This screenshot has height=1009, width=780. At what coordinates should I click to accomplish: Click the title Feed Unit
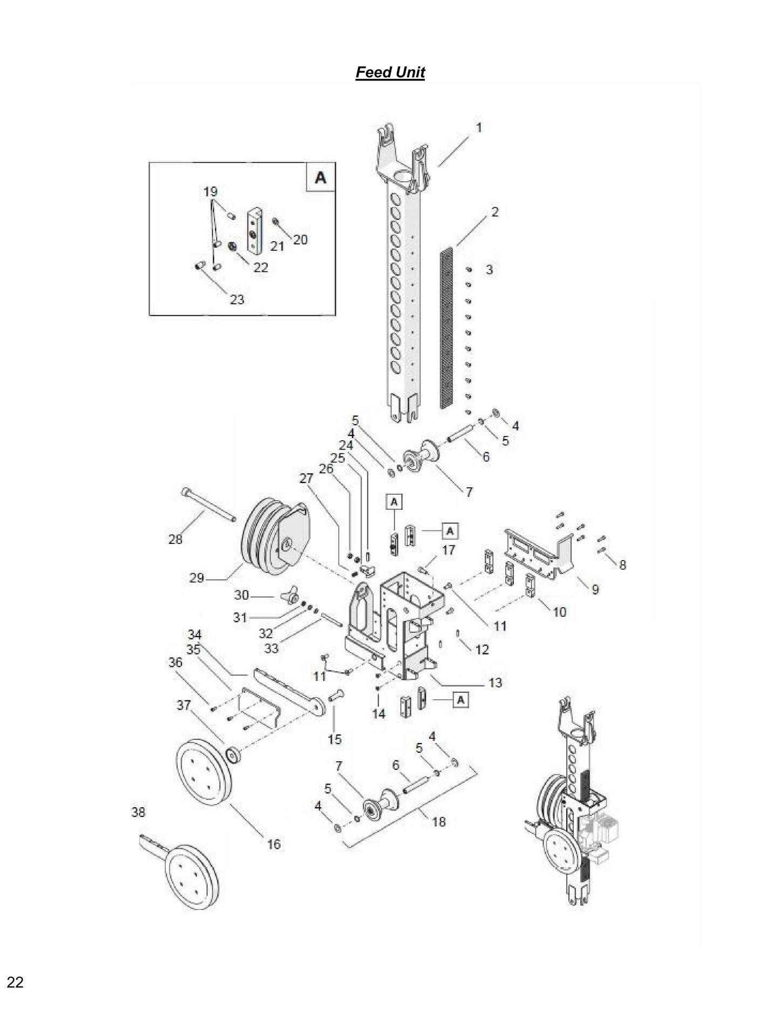(x=390, y=72)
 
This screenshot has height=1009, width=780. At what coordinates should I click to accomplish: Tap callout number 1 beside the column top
(x=478, y=127)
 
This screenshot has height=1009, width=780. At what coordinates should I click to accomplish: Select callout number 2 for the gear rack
(x=494, y=212)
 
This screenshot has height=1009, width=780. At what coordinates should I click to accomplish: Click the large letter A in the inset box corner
(x=320, y=177)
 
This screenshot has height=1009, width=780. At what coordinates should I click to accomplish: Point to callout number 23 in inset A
(x=237, y=299)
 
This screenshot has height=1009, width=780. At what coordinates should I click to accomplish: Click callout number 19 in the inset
(x=210, y=192)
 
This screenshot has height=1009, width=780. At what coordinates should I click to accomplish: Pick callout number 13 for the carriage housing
(x=495, y=683)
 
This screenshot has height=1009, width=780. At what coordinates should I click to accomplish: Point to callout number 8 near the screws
(x=622, y=565)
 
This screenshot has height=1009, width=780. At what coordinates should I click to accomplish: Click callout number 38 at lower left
(x=138, y=812)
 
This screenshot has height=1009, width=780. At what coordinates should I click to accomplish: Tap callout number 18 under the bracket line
(x=439, y=822)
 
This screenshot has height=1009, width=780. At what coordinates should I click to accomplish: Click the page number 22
(x=15, y=983)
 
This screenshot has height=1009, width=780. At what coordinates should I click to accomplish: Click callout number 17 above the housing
(x=448, y=550)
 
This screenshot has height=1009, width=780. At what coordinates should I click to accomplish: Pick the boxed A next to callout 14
(x=460, y=700)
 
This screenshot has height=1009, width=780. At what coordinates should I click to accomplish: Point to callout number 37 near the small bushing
(x=184, y=705)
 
